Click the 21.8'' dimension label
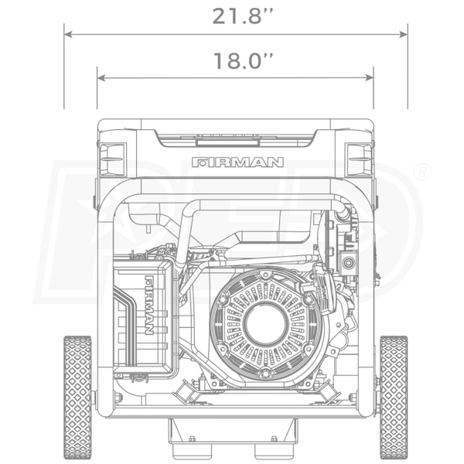(242, 16)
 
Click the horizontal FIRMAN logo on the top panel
(237, 162)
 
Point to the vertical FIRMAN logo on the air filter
(148, 305)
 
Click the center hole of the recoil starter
(265, 323)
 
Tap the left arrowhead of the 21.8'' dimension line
(68, 34)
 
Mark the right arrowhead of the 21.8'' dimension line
(404, 34)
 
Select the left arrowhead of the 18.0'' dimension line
(101, 78)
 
